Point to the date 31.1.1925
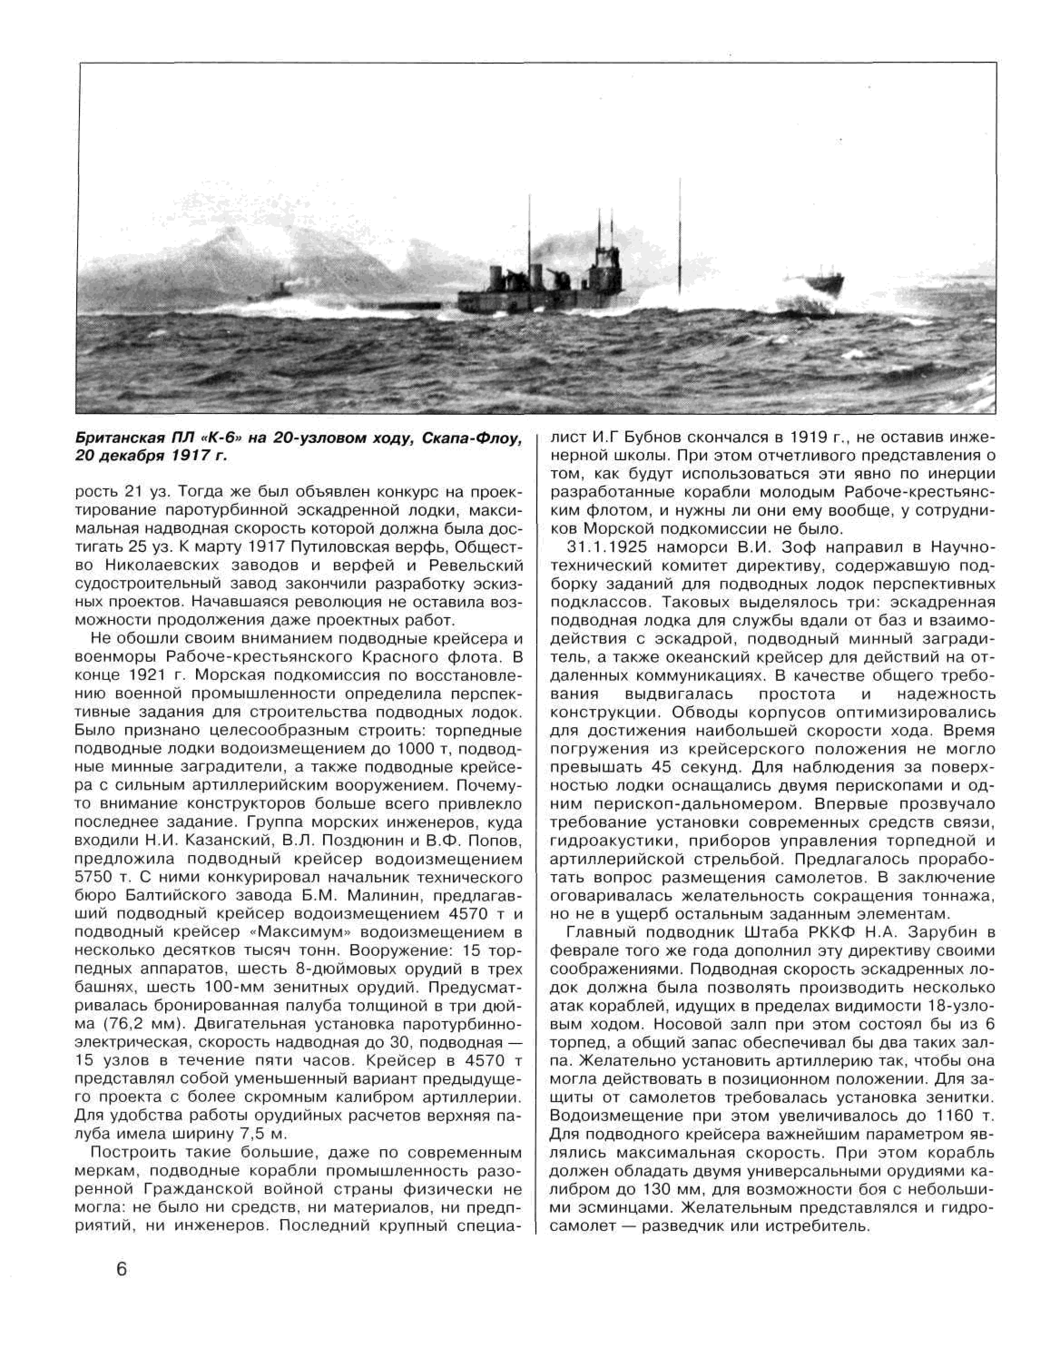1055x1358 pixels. pyautogui.click(x=607, y=548)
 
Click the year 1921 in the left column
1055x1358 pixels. pyautogui.click(x=150, y=676)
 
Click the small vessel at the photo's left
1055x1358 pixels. pyautogui.click(x=274, y=290)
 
